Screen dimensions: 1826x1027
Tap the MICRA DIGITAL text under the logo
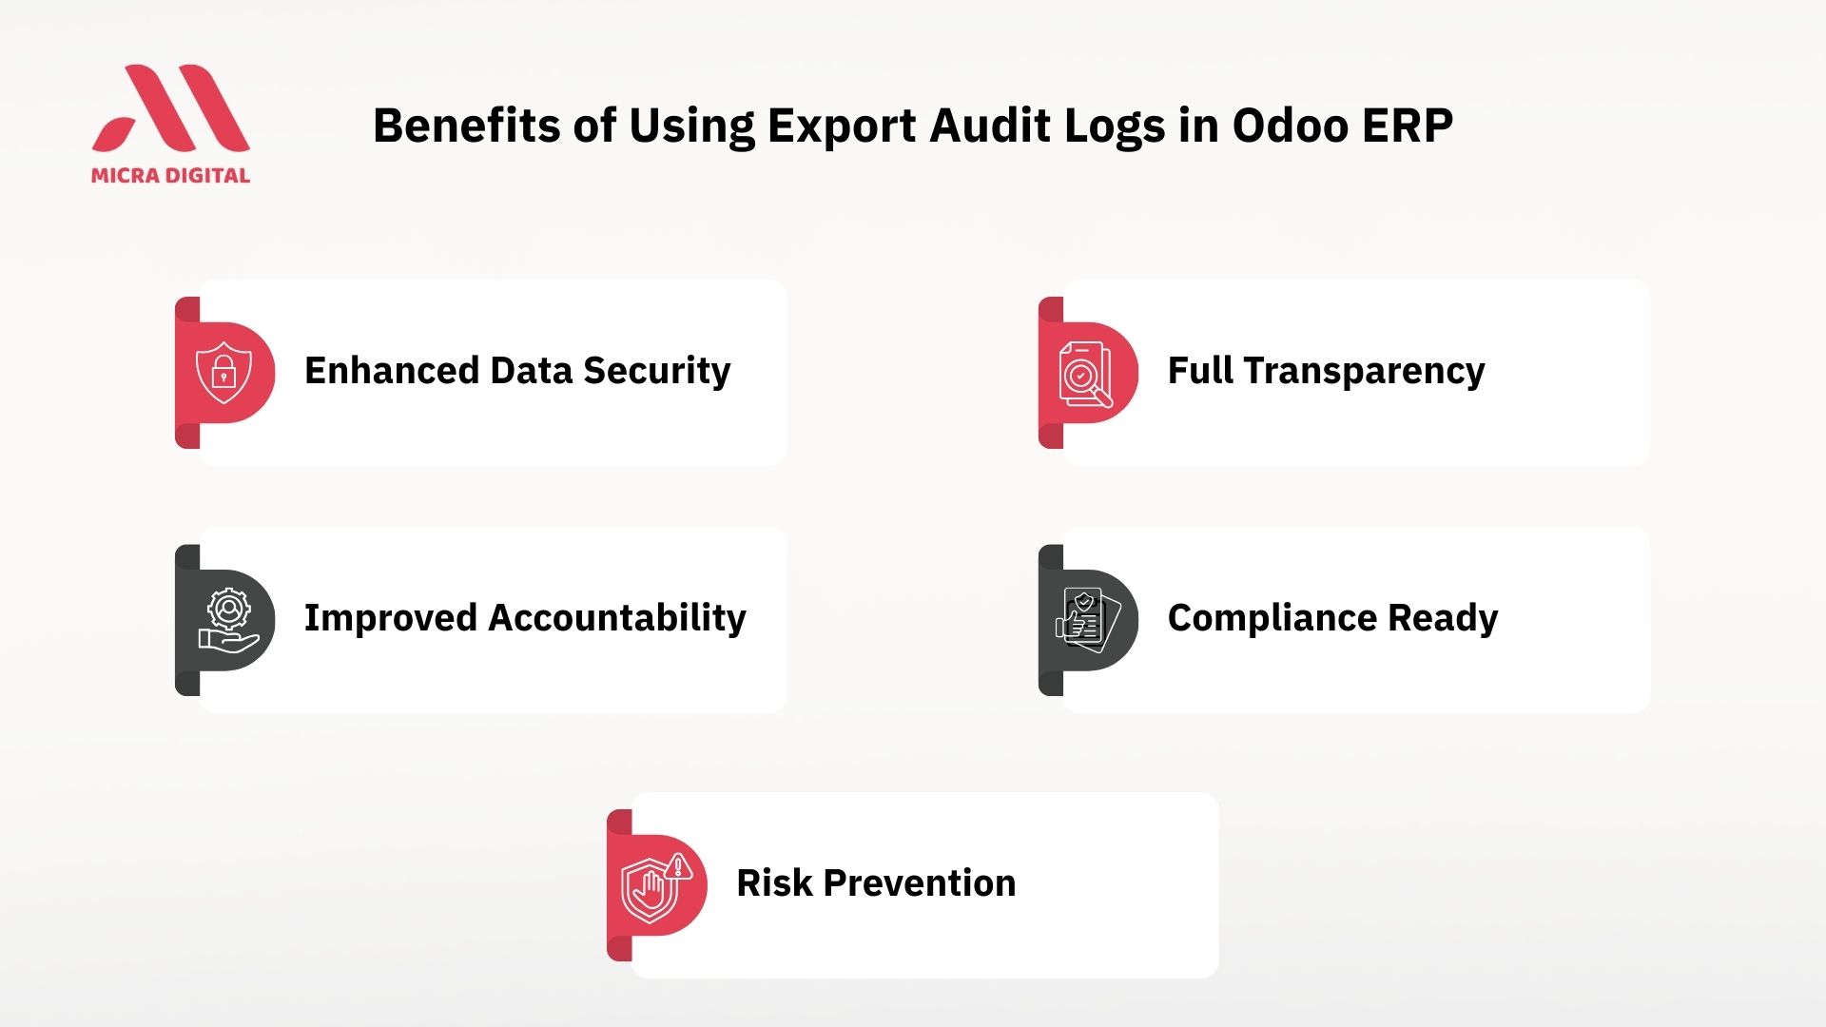point(171,175)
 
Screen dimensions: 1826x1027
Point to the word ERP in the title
point(1408,126)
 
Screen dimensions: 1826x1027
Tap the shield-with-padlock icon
point(223,372)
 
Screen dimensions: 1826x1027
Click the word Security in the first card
point(657,372)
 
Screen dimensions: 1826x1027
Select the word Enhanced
point(392,370)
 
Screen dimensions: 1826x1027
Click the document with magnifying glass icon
point(1085,374)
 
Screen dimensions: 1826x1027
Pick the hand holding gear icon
point(228,620)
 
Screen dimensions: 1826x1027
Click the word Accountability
point(617,619)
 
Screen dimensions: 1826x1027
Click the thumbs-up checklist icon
point(1088,620)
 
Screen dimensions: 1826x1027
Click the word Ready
point(1443,619)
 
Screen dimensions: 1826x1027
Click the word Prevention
point(920,882)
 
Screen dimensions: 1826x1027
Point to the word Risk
point(774,882)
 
